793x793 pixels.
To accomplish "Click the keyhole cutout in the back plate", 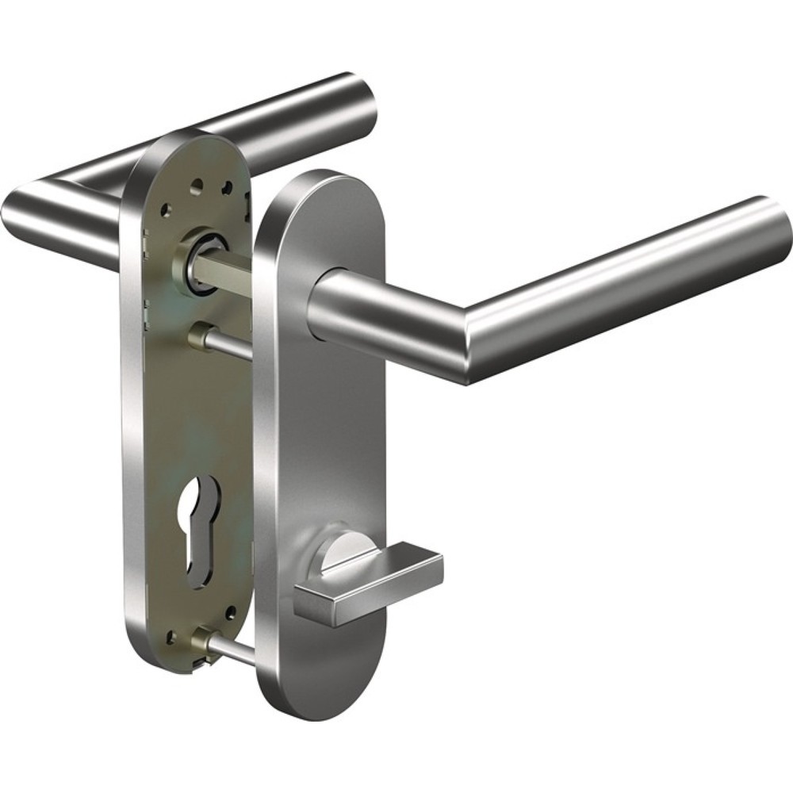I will (196, 524).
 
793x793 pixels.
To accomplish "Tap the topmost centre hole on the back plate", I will (197, 183).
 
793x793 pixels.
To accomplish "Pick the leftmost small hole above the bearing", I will (167, 212).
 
